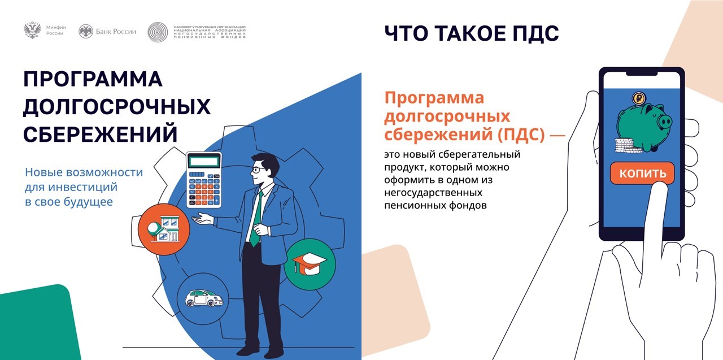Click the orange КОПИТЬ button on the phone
[642, 174]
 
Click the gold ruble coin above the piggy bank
[639, 99]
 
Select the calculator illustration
[204, 179]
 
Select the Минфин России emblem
[32, 31]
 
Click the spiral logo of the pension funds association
[158, 32]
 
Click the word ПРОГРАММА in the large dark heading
[93, 80]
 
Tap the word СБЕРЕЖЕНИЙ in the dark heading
[100, 135]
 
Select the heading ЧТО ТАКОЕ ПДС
[471, 34]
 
